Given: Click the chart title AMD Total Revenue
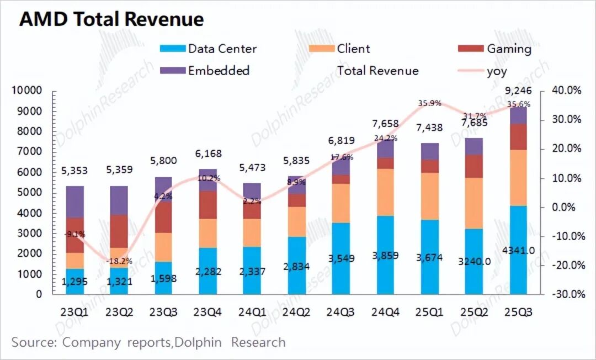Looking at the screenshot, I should pyautogui.click(x=112, y=19).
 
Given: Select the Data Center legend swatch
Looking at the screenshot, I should pyautogui.click(x=173, y=49).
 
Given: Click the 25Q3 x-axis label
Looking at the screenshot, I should pyautogui.click(x=518, y=311).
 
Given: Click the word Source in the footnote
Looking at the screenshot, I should pyautogui.click(x=33, y=342).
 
